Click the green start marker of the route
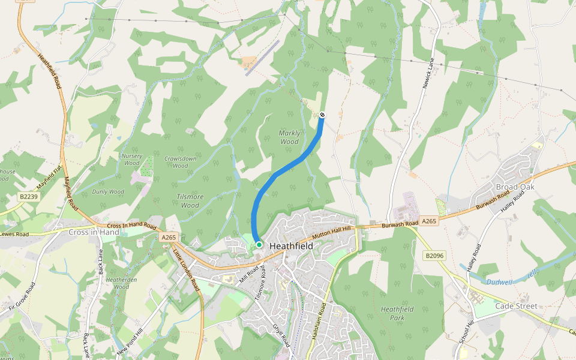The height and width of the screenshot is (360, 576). [x=259, y=244]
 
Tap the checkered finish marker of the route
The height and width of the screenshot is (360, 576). [x=322, y=115]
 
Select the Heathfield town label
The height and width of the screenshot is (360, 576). [x=291, y=246]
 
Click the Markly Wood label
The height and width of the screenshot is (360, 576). [x=289, y=137]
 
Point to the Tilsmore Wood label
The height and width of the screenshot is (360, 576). [x=190, y=201]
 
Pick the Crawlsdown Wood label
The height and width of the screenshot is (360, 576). [x=180, y=162]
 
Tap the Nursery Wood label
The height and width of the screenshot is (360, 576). [x=131, y=160]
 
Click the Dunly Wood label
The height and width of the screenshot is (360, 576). [x=108, y=192]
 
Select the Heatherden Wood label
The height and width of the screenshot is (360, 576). [x=121, y=283]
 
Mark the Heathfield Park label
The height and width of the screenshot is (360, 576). [x=397, y=313]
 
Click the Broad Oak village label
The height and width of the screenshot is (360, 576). [x=515, y=187]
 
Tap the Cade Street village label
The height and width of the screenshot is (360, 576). [x=517, y=306]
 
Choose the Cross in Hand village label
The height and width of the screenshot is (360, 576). [x=94, y=232]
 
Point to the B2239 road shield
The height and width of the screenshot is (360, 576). [x=28, y=196]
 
